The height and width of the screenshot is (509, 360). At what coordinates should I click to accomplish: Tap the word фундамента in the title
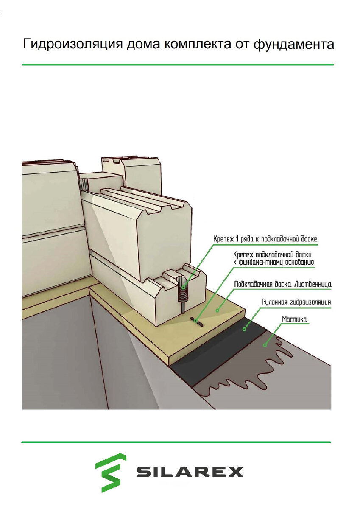click(294, 44)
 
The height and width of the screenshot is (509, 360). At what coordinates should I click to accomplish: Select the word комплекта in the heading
click(197, 45)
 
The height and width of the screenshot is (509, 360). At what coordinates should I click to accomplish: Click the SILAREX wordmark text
click(190, 472)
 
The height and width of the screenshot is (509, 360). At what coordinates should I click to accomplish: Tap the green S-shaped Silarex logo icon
click(111, 473)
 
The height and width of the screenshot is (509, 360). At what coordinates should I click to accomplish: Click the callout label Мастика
click(294, 319)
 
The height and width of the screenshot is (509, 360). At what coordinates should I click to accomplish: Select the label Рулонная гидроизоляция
click(296, 302)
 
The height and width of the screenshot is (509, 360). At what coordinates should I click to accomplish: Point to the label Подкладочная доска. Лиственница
click(283, 284)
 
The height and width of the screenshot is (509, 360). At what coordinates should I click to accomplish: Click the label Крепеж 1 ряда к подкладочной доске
click(265, 239)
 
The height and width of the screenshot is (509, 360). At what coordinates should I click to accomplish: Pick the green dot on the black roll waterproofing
click(244, 329)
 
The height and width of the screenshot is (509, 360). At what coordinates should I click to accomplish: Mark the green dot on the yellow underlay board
click(218, 310)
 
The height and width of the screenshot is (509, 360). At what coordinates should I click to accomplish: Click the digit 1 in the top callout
click(235, 239)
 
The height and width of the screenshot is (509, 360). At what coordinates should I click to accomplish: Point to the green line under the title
click(178, 65)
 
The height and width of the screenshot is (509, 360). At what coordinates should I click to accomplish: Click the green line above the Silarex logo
click(176, 442)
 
